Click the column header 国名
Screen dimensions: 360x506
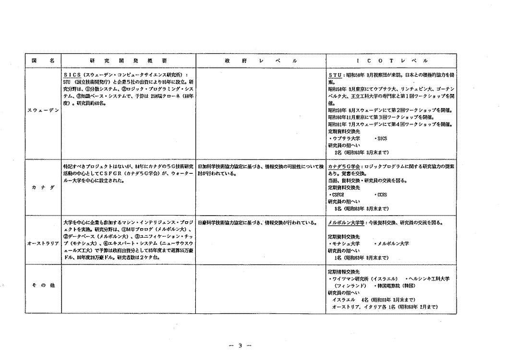(43, 61)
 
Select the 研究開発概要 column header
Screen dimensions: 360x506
(128, 61)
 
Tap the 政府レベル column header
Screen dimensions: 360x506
(261, 61)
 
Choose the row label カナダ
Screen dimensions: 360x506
(43, 188)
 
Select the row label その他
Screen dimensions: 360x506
(43, 285)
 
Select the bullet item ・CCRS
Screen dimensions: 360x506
(381, 195)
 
